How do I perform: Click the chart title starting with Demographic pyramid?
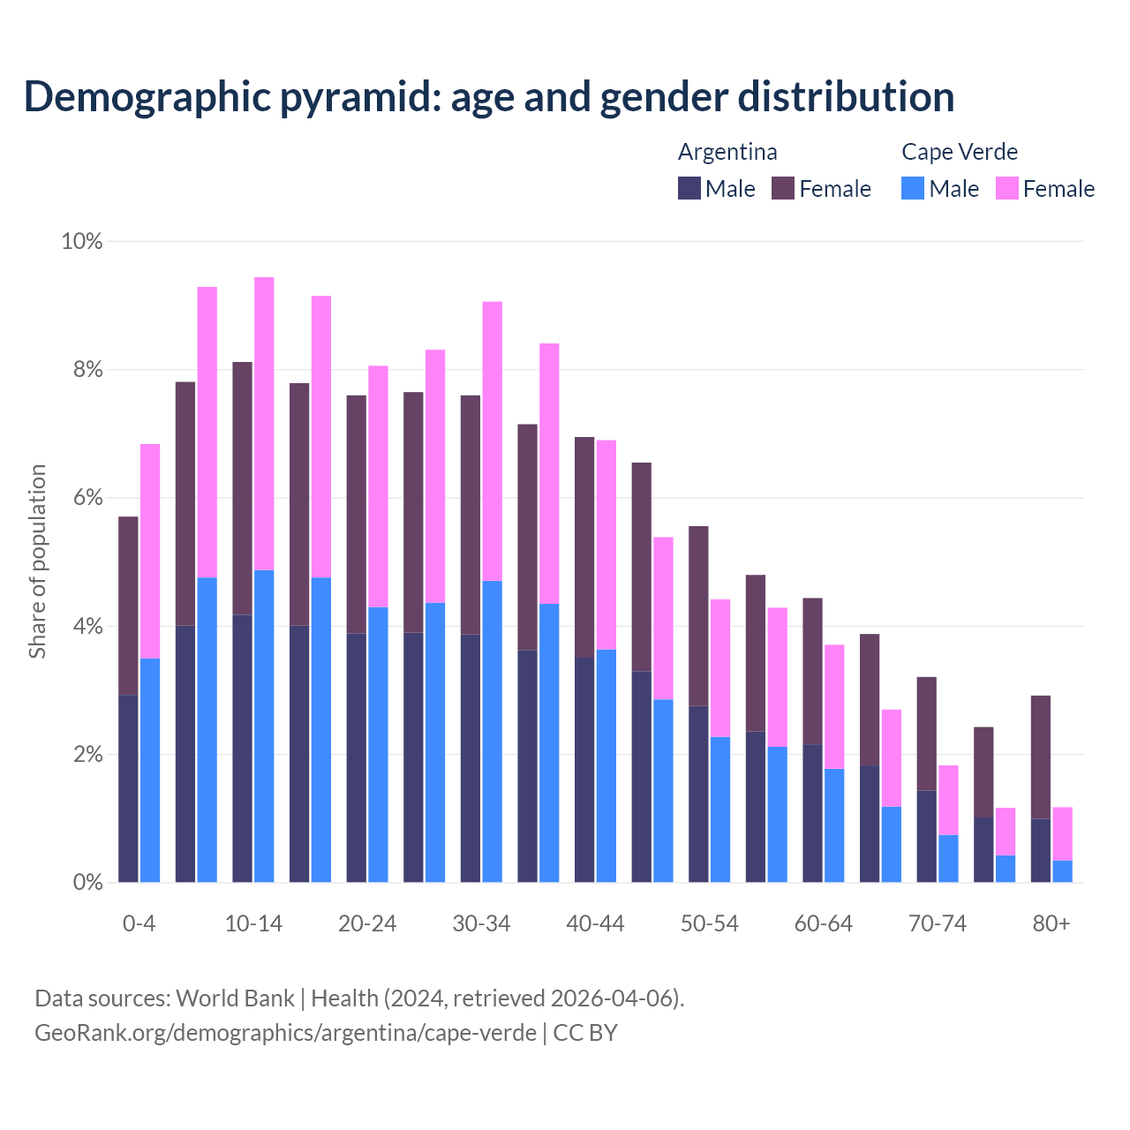tap(489, 97)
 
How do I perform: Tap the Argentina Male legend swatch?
tap(689, 188)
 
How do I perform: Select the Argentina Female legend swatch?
tap(783, 188)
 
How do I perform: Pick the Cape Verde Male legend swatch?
tap(913, 188)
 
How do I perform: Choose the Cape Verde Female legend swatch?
tap(1007, 188)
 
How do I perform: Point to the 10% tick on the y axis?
tap(81, 241)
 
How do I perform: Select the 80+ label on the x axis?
tap(1051, 923)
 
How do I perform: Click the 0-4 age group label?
tap(139, 923)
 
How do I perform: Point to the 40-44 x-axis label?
tap(595, 923)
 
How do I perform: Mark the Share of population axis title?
tap(37, 561)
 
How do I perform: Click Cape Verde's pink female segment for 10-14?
tap(264, 424)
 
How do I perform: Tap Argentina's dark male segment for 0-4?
tap(128, 788)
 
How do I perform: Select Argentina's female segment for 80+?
tap(1041, 757)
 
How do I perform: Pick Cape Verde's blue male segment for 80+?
tap(1063, 871)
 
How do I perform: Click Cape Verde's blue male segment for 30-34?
tap(493, 731)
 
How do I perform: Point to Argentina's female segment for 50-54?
tap(698, 615)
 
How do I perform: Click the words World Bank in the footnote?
tap(235, 998)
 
